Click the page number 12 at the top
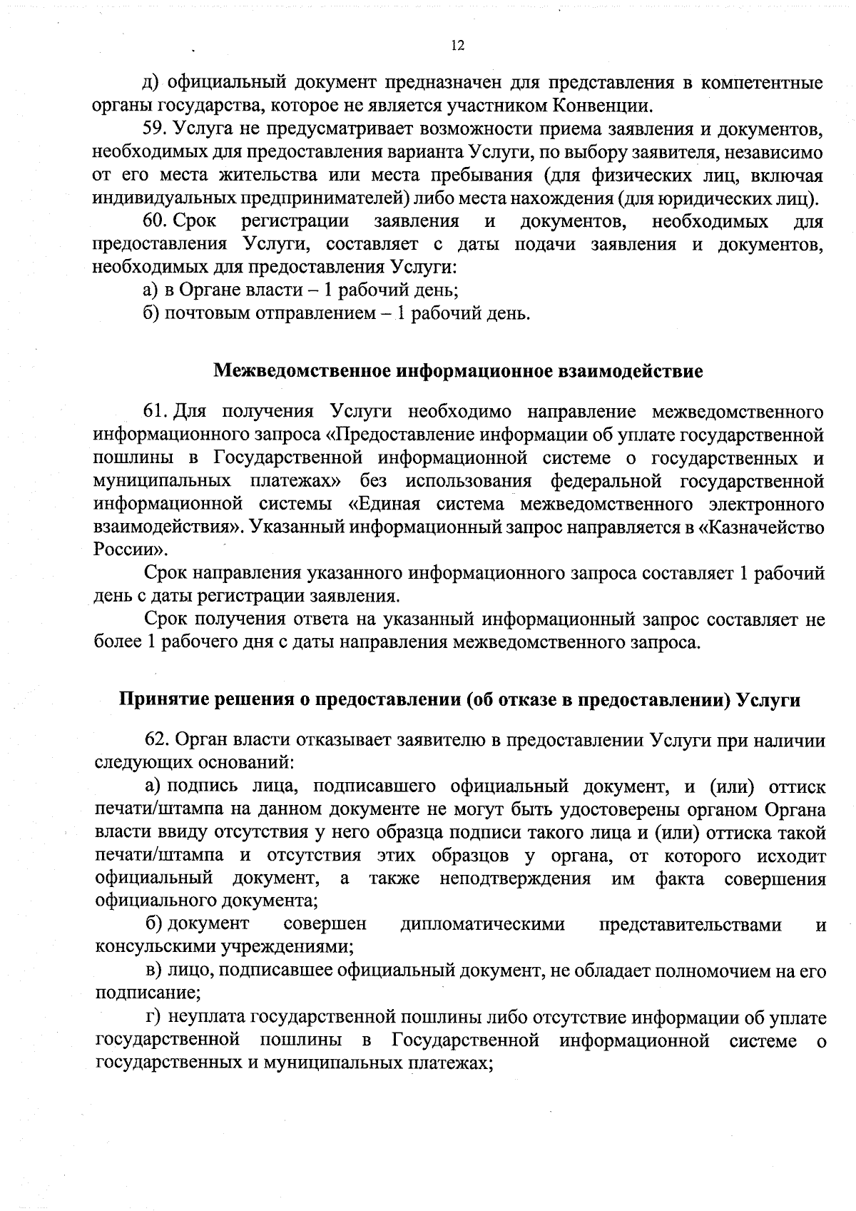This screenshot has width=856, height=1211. (x=458, y=46)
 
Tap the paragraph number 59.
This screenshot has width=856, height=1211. (x=154, y=130)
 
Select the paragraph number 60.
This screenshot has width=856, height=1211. (x=154, y=221)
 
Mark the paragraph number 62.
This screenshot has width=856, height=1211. (x=156, y=740)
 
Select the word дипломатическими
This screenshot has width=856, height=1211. (x=483, y=925)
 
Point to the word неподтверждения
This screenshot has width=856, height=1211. (x=515, y=878)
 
